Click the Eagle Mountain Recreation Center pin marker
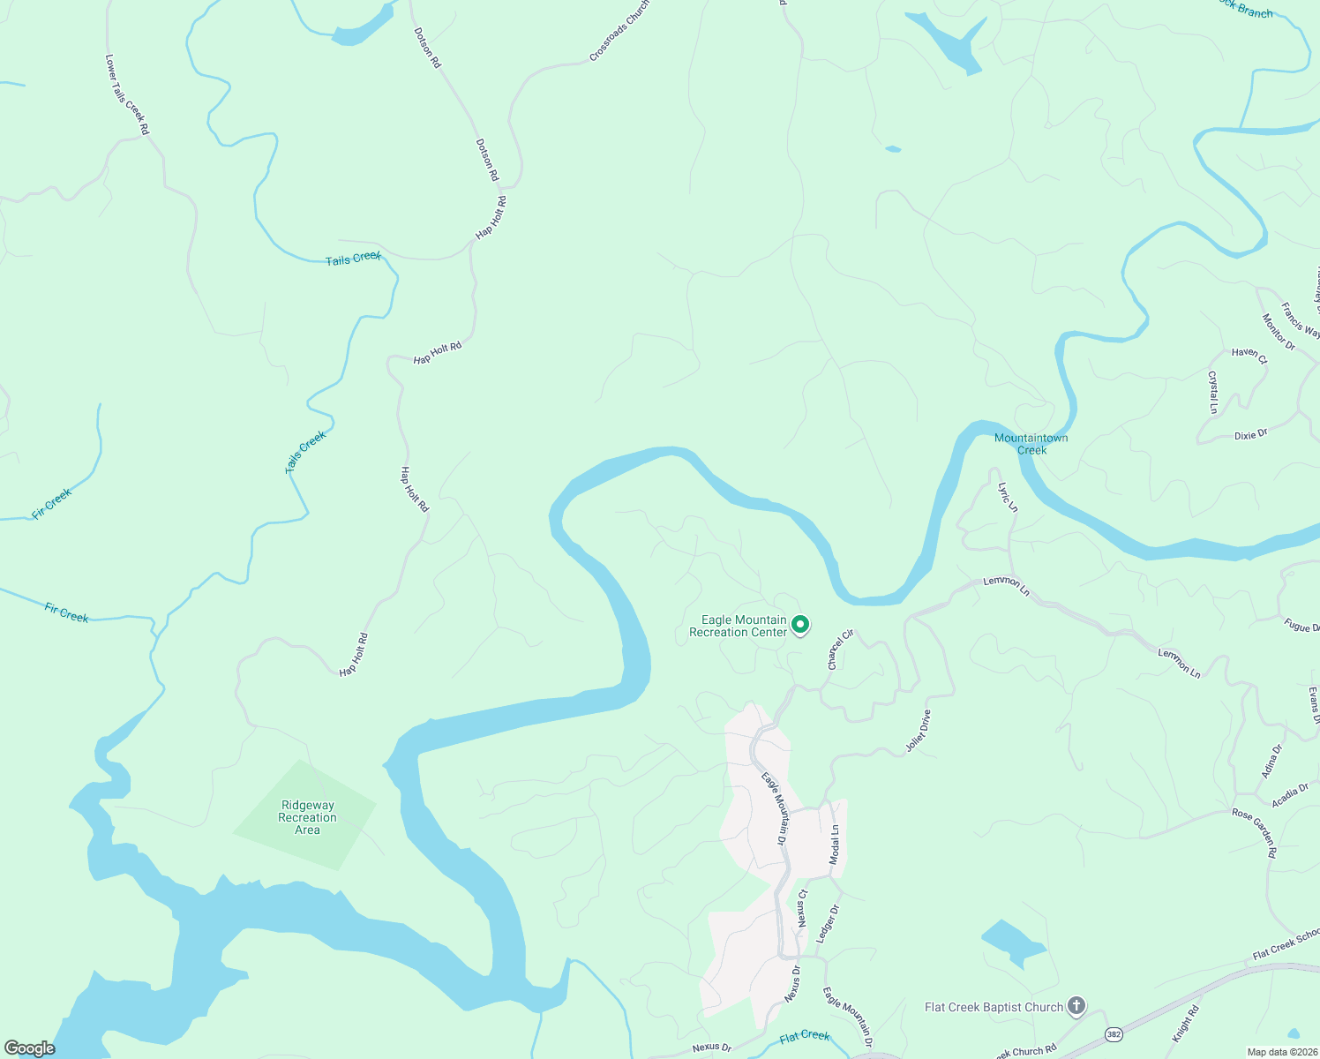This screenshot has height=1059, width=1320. click(x=800, y=625)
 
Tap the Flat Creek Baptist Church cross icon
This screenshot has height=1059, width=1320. click(x=1076, y=1006)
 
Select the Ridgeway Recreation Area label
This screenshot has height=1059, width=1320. click(x=307, y=817)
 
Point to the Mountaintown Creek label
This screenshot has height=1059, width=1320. click(x=1031, y=444)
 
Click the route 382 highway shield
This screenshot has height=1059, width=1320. click(x=1114, y=1033)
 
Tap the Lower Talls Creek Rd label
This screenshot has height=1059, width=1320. click(x=127, y=95)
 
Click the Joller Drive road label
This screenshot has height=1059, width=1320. click(x=919, y=732)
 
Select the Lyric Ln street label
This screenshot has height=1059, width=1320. click(x=1008, y=497)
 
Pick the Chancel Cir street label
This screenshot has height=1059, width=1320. click(x=841, y=650)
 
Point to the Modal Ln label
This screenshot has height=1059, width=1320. click(x=835, y=845)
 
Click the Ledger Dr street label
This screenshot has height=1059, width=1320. click(x=828, y=924)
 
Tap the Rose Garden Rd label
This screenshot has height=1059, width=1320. click(x=1255, y=834)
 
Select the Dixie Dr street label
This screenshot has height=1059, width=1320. click(x=1250, y=435)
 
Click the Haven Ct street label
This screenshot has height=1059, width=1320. click(x=1249, y=356)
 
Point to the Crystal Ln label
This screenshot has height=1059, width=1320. click(x=1213, y=392)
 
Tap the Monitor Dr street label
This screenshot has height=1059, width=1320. click(x=1279, y=333)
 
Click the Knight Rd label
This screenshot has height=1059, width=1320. click(x=1186, y=1024)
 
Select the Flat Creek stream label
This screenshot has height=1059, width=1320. click(x=805, y=1037)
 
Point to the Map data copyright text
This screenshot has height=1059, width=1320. click(x=1281, y=1052)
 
